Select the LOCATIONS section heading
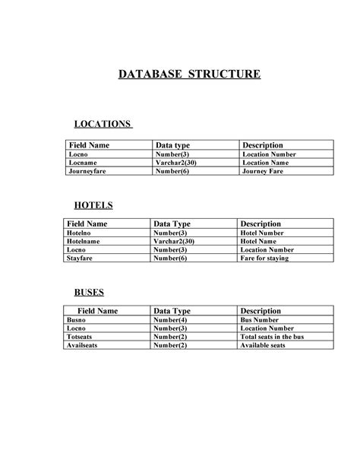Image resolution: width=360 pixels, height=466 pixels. [x=103, y=124]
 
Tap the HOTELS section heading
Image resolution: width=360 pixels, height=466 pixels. [x=93, y=205]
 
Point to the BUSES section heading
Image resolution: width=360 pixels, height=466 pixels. [x=89, y=292]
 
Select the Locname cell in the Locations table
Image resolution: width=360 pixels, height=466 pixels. [x=82, y=163]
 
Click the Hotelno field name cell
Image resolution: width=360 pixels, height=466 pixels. [x=81, y=233]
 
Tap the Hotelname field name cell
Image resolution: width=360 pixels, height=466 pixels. [x=84, y=242]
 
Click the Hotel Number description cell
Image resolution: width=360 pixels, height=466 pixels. [x=266, y=233]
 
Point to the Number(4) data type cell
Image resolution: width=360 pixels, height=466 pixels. [x=170, y=320]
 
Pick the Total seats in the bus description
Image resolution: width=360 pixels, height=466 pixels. [x=272, y=336]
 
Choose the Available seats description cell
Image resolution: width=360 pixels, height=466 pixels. [x=263, y=344]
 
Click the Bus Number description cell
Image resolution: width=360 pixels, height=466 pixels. [x=261, y=320]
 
